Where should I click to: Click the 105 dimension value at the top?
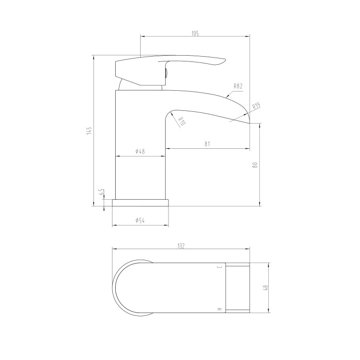pyautogui.click(x=195, y=33)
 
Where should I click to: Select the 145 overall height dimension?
pyautogui.click(x=90, y=131)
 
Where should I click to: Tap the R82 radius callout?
pyautogui.click(x=238, y=86)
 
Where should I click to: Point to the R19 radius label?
pyautogui.click(x=256, y=106)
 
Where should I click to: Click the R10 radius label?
pyautogui.click(x=181, y=121)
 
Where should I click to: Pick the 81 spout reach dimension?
pyautogui.click(x=207, y=144)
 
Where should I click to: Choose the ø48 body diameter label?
pyautogui.click(x=140, y=151)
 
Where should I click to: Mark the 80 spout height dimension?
pyautogui.click(x=255, y=165)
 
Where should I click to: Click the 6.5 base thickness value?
pyautogui.click(x=102, y=192)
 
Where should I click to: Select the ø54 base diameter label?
pyautogui.click(x=140, y=221)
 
